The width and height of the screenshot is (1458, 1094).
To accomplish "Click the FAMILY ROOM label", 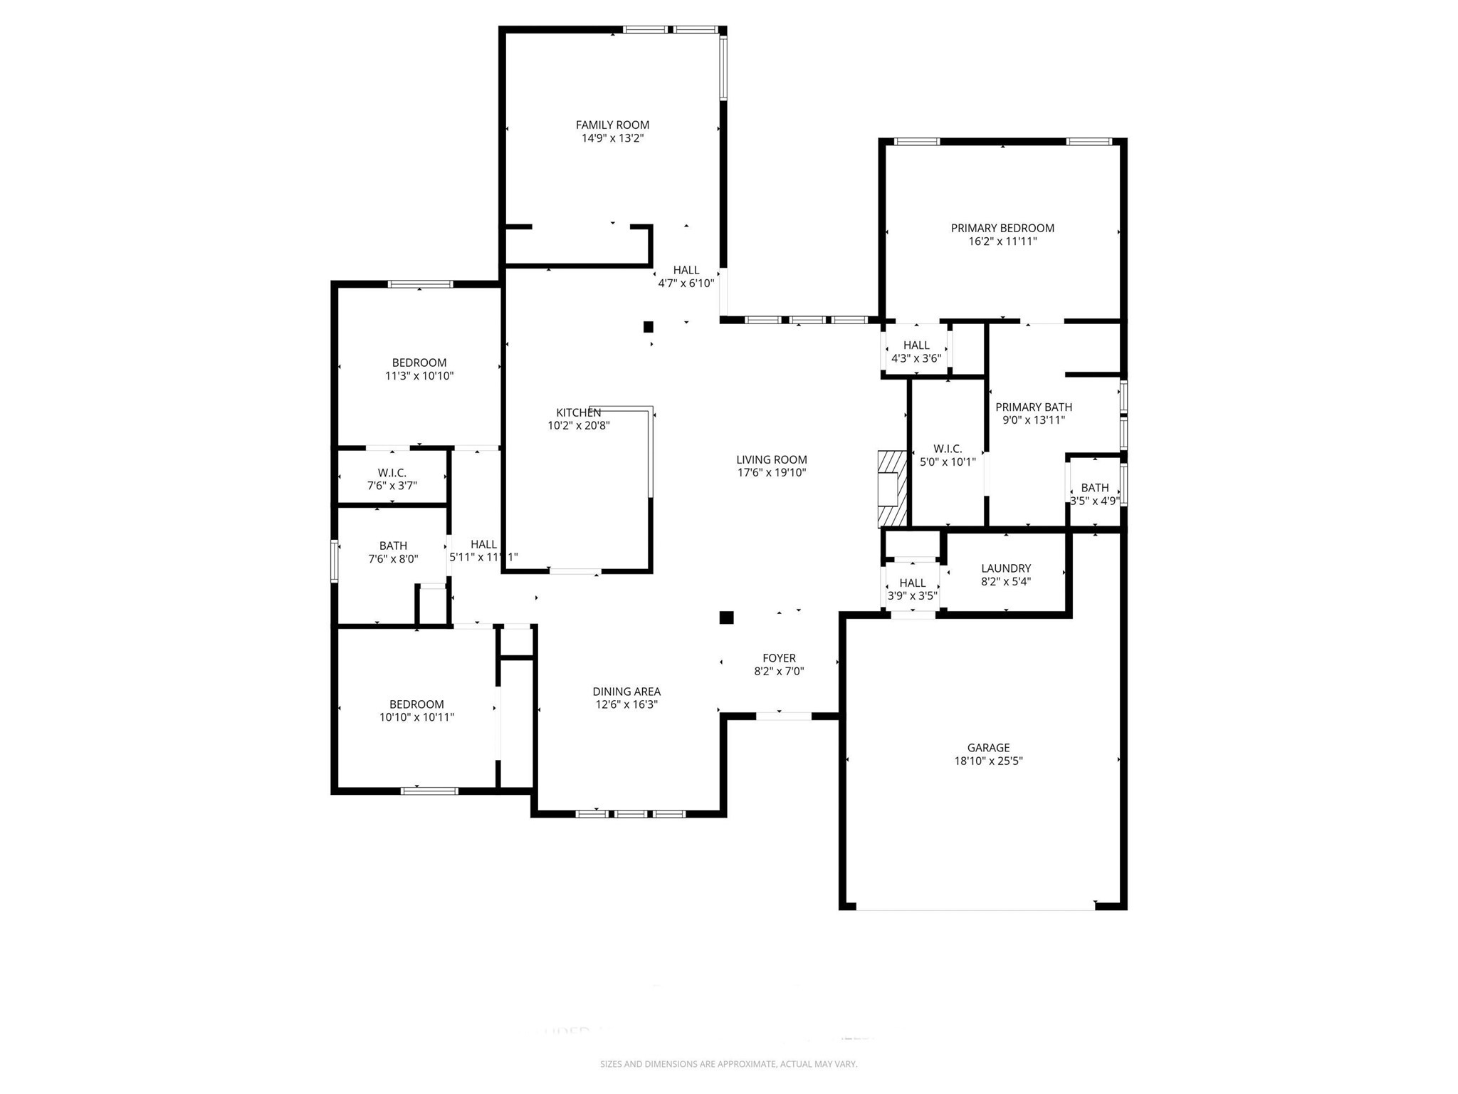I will [x=612, y=125].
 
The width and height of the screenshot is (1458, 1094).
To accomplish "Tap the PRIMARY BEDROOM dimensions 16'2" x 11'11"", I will [x=1002, y=241].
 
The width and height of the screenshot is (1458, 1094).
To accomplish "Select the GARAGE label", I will [x=988, y=748].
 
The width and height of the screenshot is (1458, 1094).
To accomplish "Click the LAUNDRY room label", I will [x=1005, y=568].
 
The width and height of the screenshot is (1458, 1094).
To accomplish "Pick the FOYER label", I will [x=779, y=658].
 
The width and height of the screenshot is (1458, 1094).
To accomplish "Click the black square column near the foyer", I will [x=726, y=618].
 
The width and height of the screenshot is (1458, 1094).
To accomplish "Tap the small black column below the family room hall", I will [x=648, y=327].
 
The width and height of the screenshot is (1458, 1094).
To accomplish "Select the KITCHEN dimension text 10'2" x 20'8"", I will [x=578, y=426].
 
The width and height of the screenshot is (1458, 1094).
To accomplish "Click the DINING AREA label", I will [x=626, y=692].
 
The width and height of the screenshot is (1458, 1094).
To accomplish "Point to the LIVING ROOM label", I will [x=771, y=460].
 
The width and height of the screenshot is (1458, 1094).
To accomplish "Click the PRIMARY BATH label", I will [x=1033, y=407].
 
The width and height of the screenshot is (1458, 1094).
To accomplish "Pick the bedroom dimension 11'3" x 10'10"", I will [x=419, y=376].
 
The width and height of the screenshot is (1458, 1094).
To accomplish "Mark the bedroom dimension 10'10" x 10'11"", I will [x=416, y=717].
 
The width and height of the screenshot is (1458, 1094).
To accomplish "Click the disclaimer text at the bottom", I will [x=728, y=1064].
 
